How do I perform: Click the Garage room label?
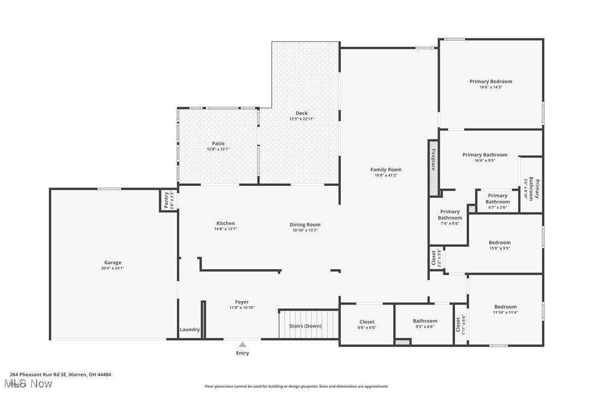coord(113,263)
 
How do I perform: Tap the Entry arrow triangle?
coord(242,344)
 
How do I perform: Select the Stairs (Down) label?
coord(305,326)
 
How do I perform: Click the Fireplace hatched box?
coord(434,168)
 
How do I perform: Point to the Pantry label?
coord(167,201)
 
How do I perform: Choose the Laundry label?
coord(190,330)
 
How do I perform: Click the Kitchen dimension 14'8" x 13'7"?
coord(226,229)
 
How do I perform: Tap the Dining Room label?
coord(305,225)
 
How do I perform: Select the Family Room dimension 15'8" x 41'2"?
coord(386,175)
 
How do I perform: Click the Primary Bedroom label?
coord(491,82)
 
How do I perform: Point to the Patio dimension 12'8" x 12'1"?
coord(218,149)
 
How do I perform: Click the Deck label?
coord(302,113)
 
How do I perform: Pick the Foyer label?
coord(242,302)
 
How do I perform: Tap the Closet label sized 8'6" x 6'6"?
coord(367,322)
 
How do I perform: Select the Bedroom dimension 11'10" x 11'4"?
coord(505,313)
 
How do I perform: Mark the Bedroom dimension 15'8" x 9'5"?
coord(500,248)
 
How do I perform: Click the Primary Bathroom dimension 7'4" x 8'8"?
coord(450,224)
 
